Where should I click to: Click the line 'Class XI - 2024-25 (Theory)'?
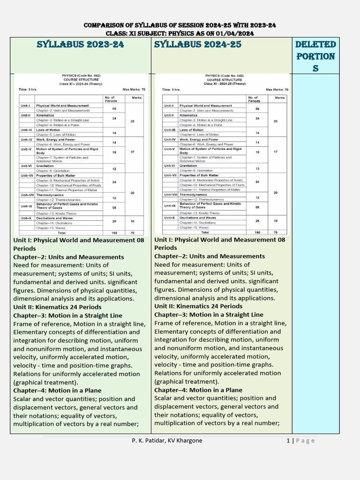click(224, 83)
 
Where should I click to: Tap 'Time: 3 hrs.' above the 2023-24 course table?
click(29, 89)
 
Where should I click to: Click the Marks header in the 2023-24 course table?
click(136, 98)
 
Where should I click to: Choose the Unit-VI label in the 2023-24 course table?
click(26, 165)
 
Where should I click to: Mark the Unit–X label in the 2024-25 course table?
click(170, 217)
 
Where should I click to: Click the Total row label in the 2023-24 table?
click(61, 232)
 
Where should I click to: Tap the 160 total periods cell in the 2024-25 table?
click(257, 232)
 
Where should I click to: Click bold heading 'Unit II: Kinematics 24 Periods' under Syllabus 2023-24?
click(57, 307)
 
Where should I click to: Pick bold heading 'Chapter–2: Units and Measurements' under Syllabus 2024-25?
click(209, 256)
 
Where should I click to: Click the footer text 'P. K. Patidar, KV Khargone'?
click(167, 440)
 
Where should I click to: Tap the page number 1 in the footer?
click(288, 440)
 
